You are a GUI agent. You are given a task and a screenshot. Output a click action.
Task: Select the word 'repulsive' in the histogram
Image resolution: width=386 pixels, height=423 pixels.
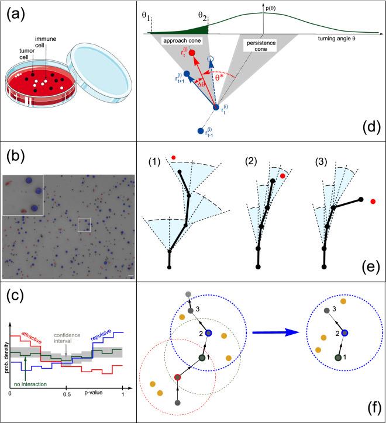(99, 338)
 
